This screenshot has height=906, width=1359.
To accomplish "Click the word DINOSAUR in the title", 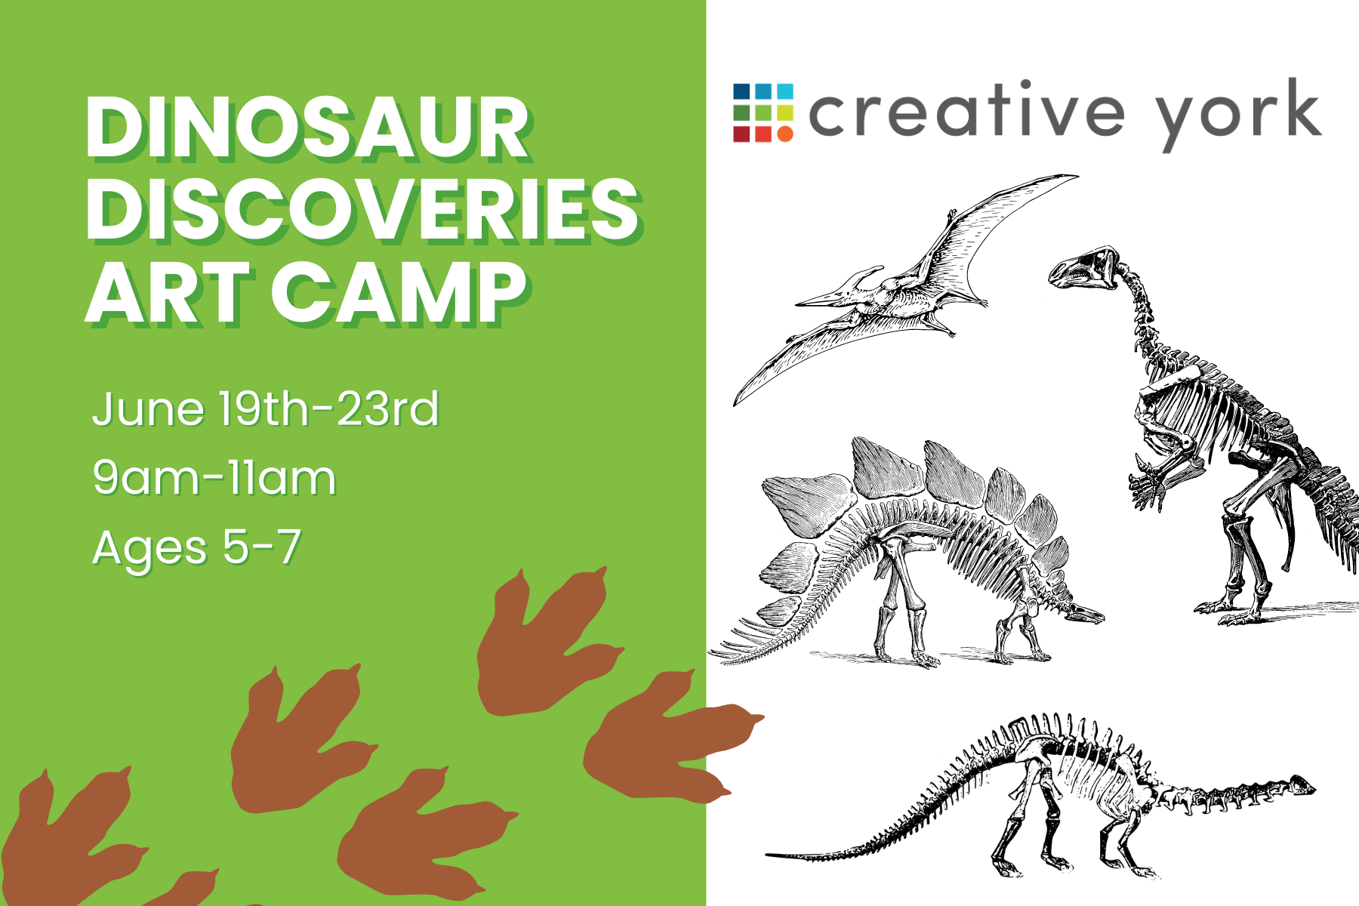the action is [x=308, y=129].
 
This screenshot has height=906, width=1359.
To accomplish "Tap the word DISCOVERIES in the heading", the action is [x=363, y=211].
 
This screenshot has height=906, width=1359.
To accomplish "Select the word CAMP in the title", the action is [x=399, y=294].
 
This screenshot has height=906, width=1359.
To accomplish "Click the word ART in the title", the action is [x=168, y=294].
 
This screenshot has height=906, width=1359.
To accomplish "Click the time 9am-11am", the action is [x=214, y=478].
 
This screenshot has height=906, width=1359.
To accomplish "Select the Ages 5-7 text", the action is [x=197, y=547].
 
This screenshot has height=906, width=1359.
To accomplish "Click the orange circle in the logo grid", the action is [x=785, y=134].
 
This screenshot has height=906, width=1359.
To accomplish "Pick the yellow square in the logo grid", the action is [x=785, y=113].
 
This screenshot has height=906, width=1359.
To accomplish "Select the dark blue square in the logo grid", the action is [x=741, y=91].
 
